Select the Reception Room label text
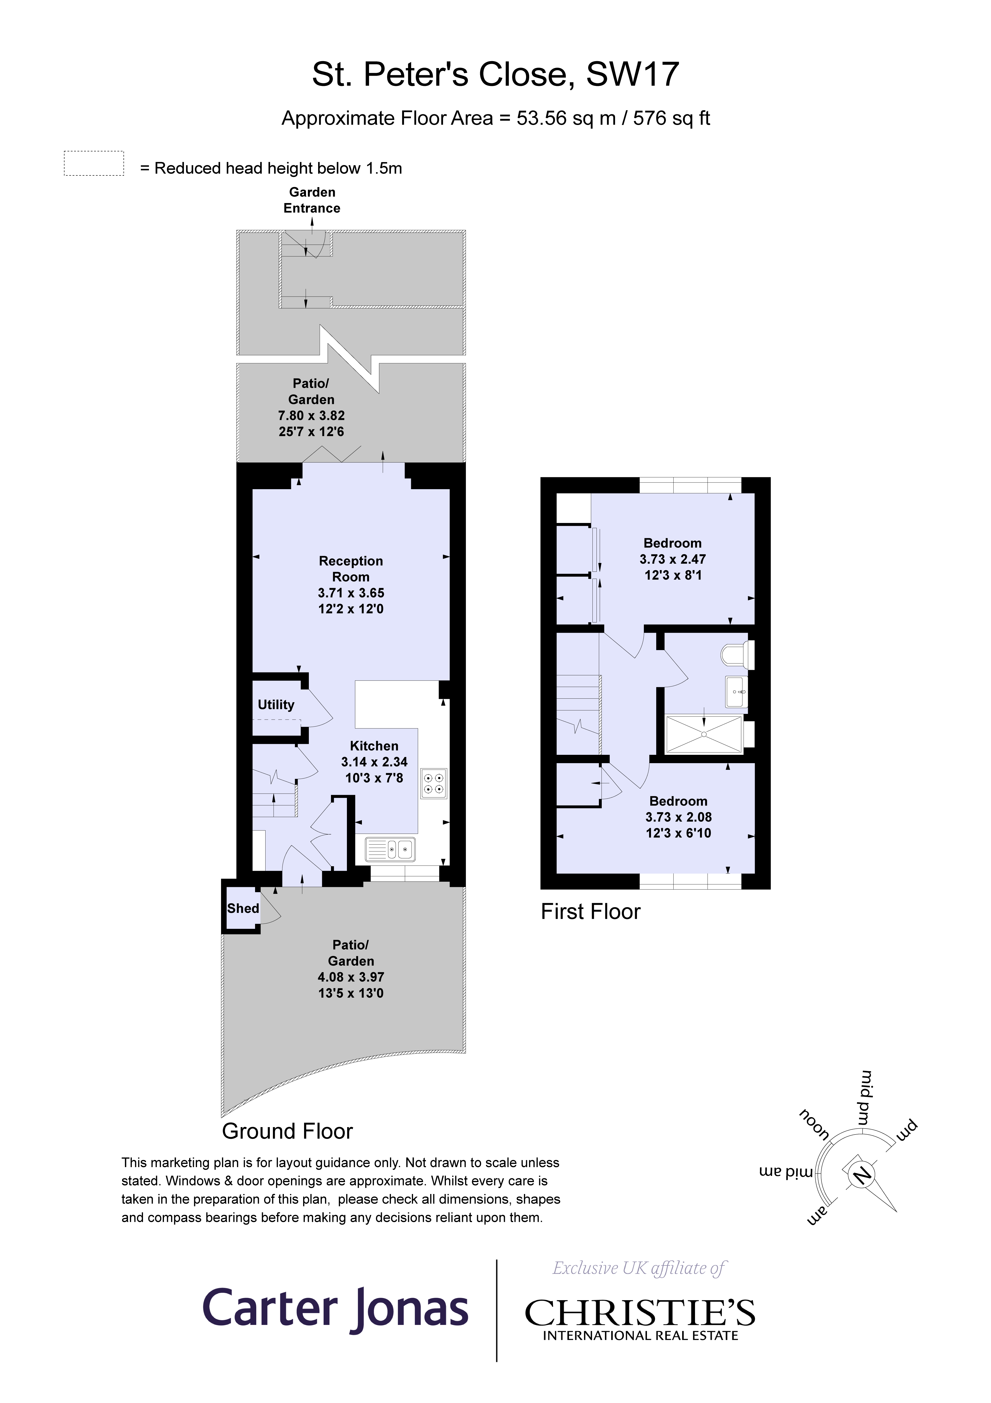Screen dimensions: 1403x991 [x=351, y=569]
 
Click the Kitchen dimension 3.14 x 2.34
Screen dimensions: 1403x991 [x=374, y=762]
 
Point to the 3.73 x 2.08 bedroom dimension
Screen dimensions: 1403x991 [x=678, y=817]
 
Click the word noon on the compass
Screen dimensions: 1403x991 [x=814, y=1124]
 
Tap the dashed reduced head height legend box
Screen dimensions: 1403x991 [x=94, y=164]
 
